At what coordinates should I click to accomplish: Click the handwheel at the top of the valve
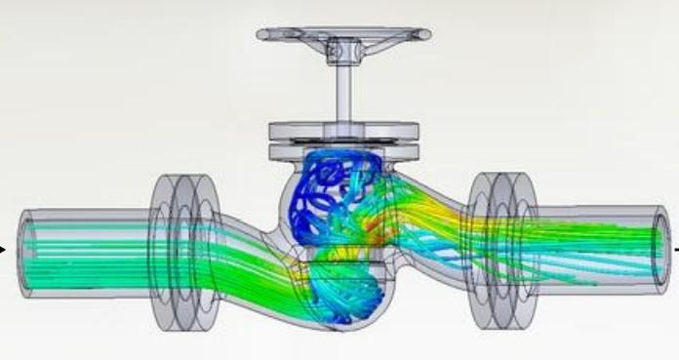[x=343, y=35]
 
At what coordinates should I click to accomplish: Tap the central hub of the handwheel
[x=343, y=46]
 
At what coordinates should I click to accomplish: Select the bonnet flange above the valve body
[x=343, y=133]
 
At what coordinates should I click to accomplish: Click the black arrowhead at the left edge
[x=4, y=251]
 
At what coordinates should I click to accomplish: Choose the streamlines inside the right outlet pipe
[x=595, y=239]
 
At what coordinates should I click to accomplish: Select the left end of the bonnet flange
[x=273, y=130]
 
